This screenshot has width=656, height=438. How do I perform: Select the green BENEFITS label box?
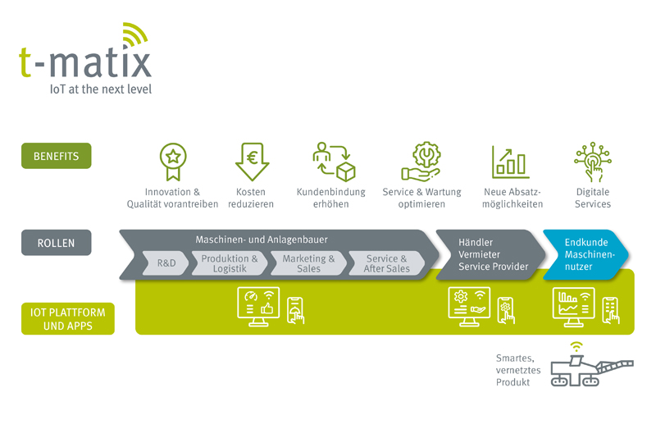(56, 156)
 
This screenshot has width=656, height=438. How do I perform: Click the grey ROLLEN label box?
(56, 243)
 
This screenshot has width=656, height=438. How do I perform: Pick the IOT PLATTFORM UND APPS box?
(67, 318)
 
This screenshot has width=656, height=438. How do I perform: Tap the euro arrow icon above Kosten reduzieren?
(252, 161)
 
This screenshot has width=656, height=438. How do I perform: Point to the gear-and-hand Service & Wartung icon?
(421, 161)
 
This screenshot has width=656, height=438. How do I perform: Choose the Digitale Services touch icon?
(593, 161)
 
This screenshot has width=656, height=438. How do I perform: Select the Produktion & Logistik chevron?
(230, 263)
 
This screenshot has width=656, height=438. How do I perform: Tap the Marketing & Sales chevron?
(308, 263)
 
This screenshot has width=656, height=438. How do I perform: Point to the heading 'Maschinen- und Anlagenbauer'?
(262, 240)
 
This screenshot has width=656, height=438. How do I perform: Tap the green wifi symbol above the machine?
(577, 346)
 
